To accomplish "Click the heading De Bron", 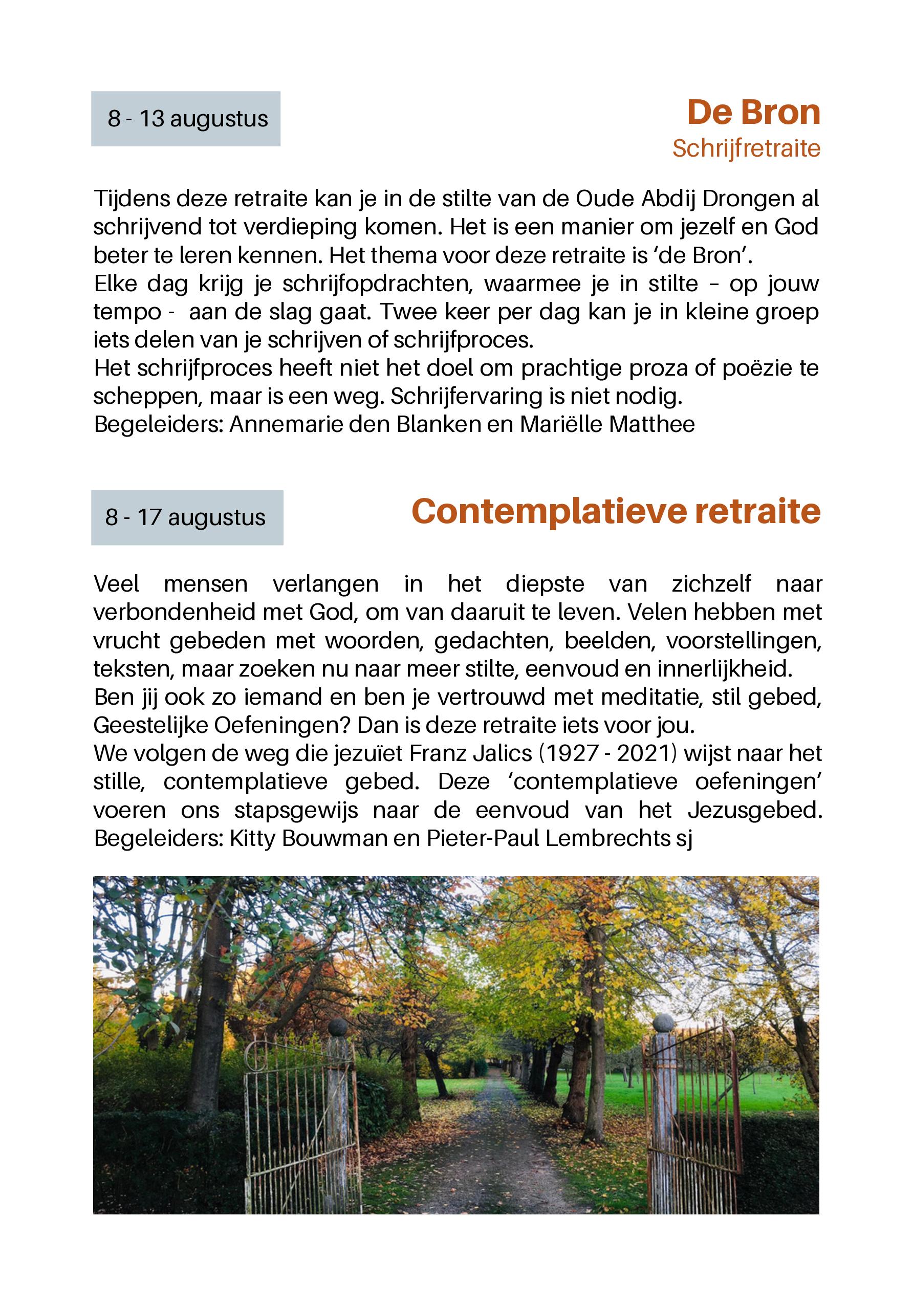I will point(753,113).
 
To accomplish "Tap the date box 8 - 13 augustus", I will point(186,119).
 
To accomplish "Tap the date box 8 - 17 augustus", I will point(186,518).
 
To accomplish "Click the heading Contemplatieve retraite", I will point(616,512).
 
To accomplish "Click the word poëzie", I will point(757,368).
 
